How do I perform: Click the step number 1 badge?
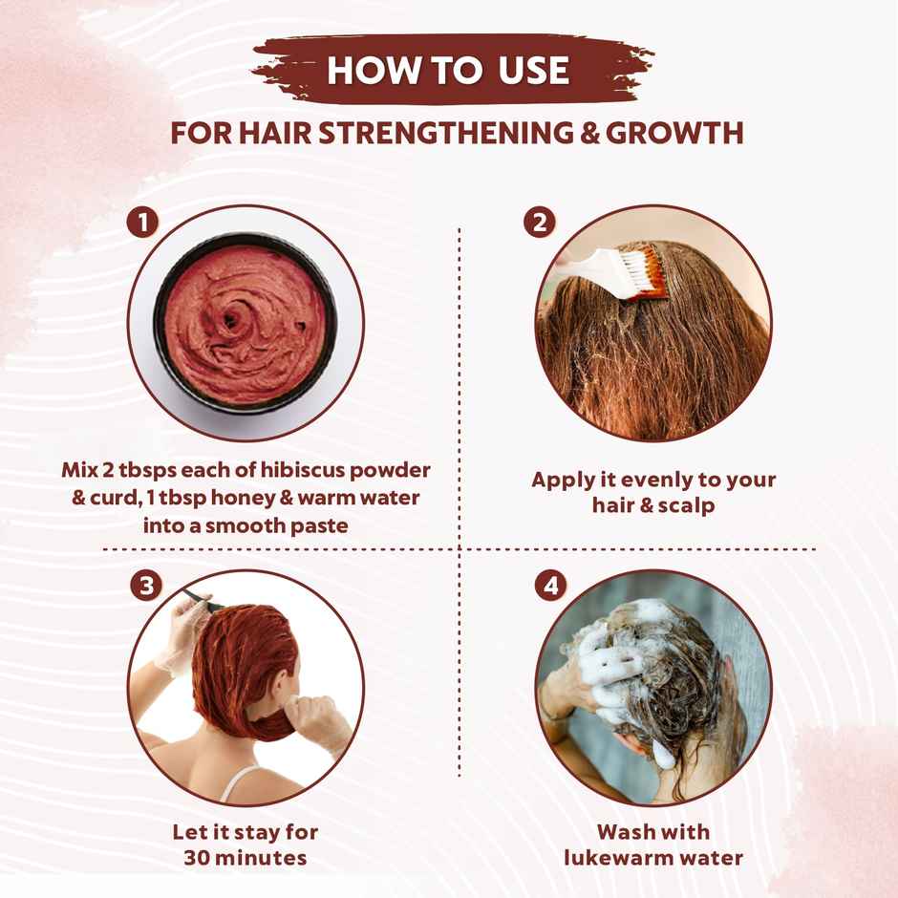coord(142,224)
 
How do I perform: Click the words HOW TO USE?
coord(448,71)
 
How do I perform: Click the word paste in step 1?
coord(317,524)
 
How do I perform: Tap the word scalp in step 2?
coord(684,505)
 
